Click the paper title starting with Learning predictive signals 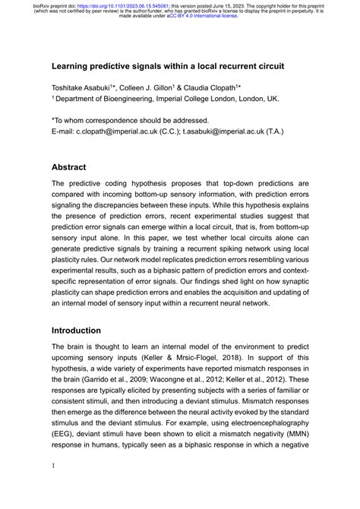tap(168, 66)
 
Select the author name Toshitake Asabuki tap(84, 87)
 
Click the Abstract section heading tap(68, 167)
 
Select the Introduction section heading tap(76, 331)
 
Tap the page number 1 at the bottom tap(53, 487)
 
